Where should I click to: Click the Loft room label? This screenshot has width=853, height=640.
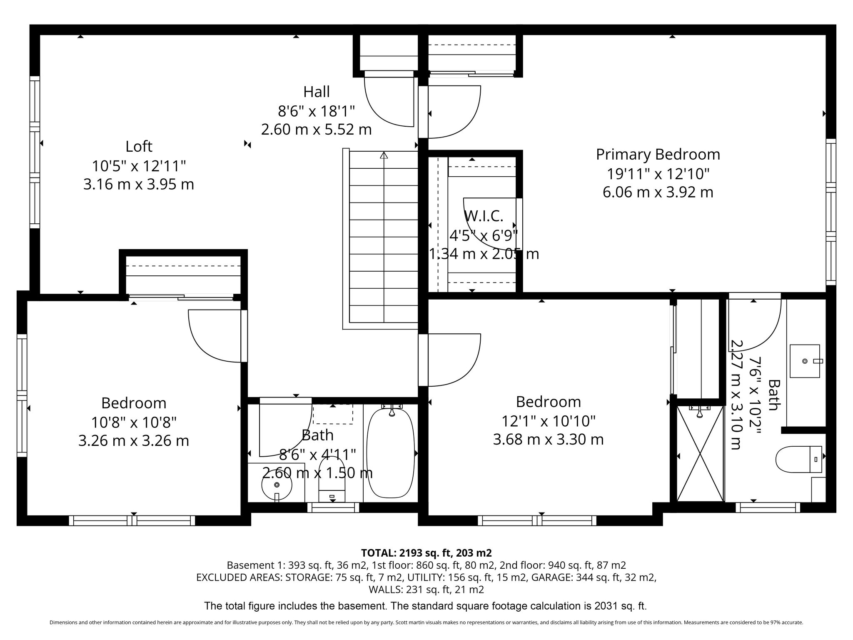[139, 146]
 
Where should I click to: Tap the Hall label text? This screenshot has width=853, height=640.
[317, 92]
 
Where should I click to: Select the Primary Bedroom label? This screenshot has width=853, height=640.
[658, 154]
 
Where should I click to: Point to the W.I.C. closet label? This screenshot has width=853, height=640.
[484, 216]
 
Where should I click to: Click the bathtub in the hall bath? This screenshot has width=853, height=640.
[390, 453]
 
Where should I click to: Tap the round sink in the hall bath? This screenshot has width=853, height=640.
[277, 485]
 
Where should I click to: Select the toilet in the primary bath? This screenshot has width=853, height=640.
[799, 459]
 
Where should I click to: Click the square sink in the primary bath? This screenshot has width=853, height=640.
[805, 361]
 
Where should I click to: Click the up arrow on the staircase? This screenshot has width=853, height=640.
[384, 155]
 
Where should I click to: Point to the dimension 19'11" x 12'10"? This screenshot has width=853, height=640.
[658, 173]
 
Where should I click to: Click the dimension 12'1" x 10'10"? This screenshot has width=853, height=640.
[548, 421]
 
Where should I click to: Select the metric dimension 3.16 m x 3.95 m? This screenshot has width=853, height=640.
[139, 184]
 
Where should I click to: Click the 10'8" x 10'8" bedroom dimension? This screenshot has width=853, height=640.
[134, 422]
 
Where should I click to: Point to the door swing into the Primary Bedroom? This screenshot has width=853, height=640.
[454, 112]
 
